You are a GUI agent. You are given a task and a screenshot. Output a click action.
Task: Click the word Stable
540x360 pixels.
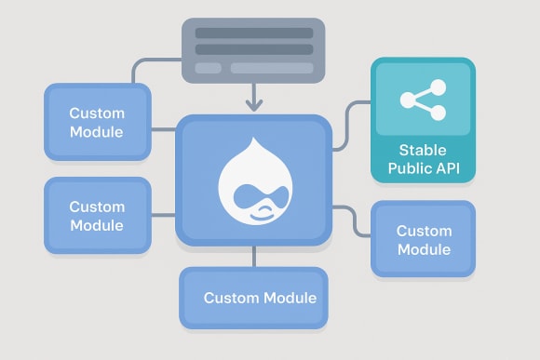423,151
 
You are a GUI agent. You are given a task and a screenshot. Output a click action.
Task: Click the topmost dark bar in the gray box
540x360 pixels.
253,33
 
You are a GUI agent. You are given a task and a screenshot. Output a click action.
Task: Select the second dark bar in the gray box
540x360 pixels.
253,50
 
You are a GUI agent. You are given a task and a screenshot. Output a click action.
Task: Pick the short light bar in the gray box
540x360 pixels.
208,68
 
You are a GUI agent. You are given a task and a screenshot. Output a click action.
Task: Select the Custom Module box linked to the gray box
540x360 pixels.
97,123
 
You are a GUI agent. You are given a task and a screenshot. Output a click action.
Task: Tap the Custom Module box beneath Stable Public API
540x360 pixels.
424,239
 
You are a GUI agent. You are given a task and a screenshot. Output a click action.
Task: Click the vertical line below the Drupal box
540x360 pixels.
254,257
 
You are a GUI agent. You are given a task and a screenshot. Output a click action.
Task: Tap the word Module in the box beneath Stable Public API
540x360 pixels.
424,249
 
